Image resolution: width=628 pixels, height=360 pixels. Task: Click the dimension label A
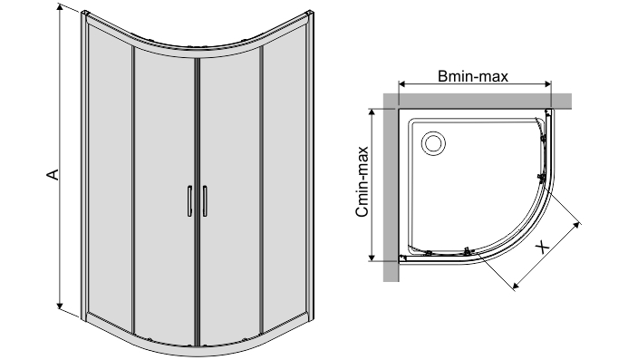click(x=53, y=174)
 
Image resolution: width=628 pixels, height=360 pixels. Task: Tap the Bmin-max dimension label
click(x=473, y=76)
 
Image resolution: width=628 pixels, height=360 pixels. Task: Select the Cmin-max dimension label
click(x=362, y=181)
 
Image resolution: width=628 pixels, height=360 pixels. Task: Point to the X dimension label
click(x=543, y=247)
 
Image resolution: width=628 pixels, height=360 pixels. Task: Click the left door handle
click(x=189, y=200)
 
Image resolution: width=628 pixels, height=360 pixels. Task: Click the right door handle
click(x=205, y=200)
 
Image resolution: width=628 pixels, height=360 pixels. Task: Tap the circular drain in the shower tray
click(x=433, y=142)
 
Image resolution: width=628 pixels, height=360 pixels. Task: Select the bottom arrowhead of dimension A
click(x=60, y=306)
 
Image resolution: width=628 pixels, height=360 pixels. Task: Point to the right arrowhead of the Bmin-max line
click(x=546, y=84)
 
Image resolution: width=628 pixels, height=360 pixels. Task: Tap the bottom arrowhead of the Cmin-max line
click(x=372, y=256)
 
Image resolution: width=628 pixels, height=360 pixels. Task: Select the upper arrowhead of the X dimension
click(x=576, y=227)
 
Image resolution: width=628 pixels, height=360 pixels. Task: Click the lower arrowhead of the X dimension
click(x=517, y=285)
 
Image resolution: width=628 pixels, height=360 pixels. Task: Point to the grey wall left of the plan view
click(x=391, y=189)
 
